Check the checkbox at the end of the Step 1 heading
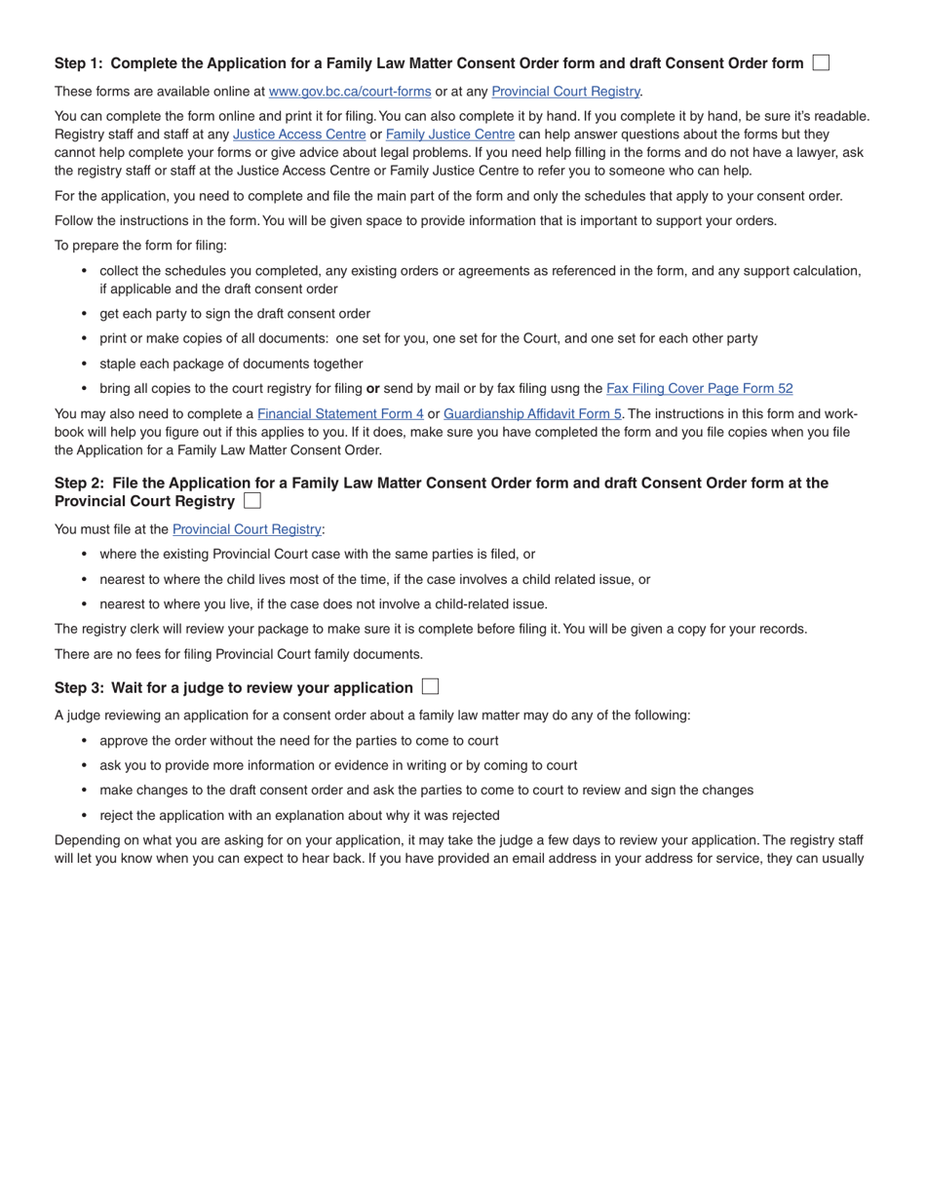[x=821, y=62]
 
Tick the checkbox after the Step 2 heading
[x=252, y=501]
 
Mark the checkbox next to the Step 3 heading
[x=430, y=686]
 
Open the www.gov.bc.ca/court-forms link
[x=349, y=92]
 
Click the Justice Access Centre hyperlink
[x=299, y=135]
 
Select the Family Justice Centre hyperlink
[x=449, y=135]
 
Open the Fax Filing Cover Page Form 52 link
[x=699, y=388]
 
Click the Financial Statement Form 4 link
[x=340, y=413]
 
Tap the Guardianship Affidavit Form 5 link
[x=532, y=413]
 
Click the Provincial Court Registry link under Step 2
[x=247, y=529]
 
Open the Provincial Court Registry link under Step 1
[x=565, y=92]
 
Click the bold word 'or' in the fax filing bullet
[x=372, y=388]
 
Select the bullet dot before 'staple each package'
[x=84, y=364]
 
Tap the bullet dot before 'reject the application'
[x=84, y=815]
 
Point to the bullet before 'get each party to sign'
[x=84, y=314]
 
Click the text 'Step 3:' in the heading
[x=79, y=687]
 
